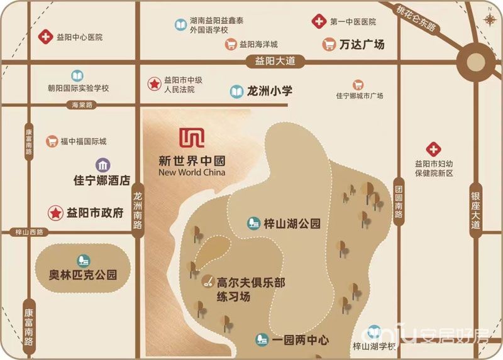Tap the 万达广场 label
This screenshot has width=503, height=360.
coord(362,45)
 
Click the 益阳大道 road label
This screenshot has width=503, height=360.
coord(270,62)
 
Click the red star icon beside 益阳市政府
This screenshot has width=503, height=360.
coord(56,213)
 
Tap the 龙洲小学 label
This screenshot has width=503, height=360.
coord(270,91)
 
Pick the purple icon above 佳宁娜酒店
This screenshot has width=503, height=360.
coord(102,165)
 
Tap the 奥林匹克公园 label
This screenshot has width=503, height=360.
coord(83,275)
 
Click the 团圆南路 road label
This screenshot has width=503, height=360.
coord(398,197)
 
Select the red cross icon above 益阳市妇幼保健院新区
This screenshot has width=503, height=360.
coord(433,150)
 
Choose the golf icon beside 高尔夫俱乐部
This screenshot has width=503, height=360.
coord(206,283)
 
